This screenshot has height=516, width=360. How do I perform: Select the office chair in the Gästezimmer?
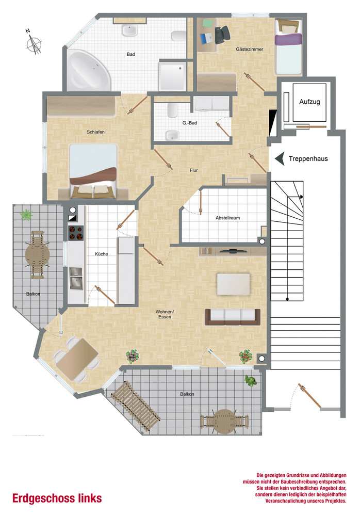222,34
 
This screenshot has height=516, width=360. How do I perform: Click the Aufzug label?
309,102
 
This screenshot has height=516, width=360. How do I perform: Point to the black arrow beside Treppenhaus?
280,158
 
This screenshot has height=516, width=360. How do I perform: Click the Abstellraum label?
228,218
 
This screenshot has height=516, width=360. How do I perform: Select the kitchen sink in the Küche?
76,279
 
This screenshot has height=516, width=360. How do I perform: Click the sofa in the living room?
233,317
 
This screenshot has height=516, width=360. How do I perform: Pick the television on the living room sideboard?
233,251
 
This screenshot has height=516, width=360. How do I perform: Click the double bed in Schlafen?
93,171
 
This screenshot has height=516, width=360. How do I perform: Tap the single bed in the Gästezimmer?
288,47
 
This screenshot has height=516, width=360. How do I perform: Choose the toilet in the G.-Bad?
172,110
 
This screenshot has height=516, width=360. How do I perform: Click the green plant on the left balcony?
26,215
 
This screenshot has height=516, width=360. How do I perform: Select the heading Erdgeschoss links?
57,498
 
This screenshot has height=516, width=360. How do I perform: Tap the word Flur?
193,170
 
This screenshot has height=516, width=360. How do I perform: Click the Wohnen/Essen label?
165,314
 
